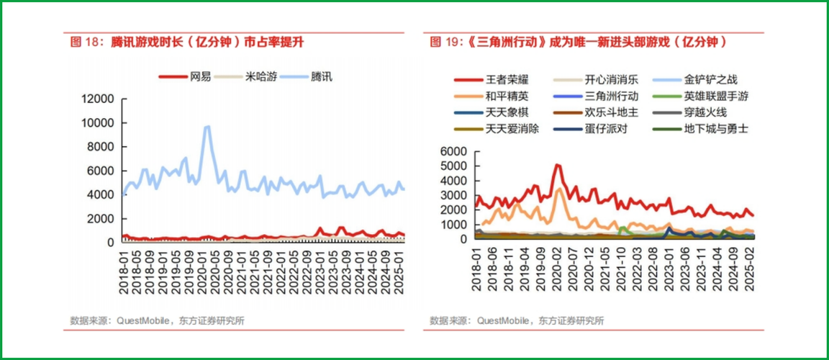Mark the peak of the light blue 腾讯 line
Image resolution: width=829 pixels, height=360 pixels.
tap(207, 127)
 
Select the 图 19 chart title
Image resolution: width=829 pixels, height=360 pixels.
tap(578, 42)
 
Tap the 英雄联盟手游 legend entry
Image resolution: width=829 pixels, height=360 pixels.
tap(715, 96)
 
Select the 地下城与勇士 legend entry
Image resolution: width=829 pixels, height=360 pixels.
tap(715, 128)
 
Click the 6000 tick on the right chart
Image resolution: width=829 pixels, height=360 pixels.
tap(455, 152)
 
